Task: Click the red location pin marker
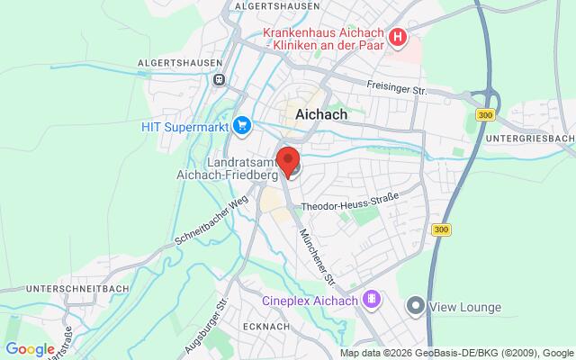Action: pos(289,161)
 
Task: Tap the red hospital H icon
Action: pos(398,38)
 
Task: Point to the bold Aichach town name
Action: pos(321,115)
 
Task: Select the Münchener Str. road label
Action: pos(318,244)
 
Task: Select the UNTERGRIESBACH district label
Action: pos(528,138)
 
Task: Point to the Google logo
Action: pos(30,348)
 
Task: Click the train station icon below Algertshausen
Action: pos(218,79)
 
